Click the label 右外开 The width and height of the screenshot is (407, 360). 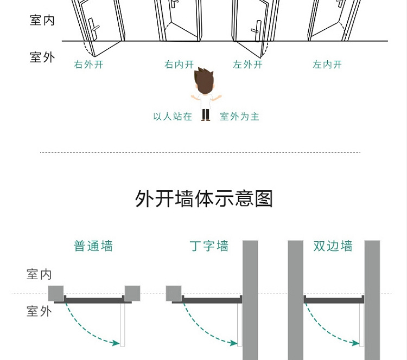[88, 65]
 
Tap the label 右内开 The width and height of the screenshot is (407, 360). [179, 65]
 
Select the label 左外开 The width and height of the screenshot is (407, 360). [247, 65]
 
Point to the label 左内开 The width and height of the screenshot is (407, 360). [327, 65]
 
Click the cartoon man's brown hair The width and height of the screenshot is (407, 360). [204, 79]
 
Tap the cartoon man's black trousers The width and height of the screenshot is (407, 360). [205, 114]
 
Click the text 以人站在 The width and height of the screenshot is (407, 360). [173, 117]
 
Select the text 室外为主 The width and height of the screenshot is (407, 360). [239, 117]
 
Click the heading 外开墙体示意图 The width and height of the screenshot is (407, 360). [203, 198]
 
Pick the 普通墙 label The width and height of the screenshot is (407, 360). [93, 246]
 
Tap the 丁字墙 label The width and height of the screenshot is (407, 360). [209, 246]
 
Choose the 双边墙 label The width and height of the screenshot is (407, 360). [333, 246]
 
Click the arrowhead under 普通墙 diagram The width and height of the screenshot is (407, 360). [115, 343]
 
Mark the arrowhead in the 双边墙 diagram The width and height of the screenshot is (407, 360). [354, 343]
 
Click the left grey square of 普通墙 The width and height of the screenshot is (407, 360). [56, 293]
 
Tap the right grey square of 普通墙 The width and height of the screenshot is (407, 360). [132, 293]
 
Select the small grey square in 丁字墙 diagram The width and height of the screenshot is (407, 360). [174, 293]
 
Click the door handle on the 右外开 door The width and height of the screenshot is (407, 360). [93, 28]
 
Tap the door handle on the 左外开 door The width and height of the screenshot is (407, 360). [257, 30]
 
